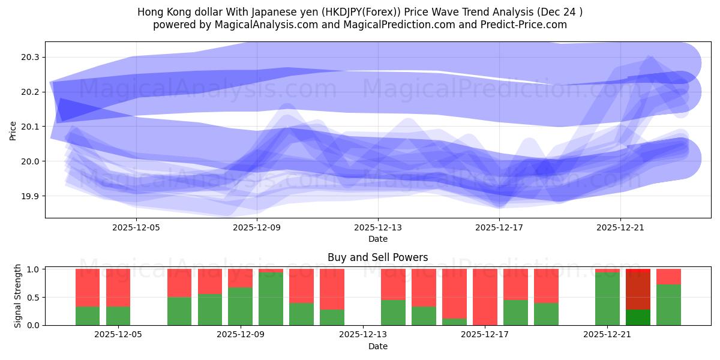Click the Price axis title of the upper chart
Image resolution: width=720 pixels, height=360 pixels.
point(13,130)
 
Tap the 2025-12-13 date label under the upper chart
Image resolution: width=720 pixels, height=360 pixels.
point(378,228)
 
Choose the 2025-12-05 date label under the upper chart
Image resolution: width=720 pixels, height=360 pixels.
point(136,228)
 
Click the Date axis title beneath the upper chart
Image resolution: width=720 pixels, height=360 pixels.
point(378,239)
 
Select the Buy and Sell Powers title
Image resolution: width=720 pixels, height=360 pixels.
point(378,257)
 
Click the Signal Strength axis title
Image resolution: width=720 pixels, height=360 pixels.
point(18,296)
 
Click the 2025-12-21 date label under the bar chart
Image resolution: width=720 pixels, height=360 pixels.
point(608,335)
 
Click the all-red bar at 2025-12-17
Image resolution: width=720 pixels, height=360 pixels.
point(485,297)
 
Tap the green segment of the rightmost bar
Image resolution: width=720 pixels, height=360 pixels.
point(668,305)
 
